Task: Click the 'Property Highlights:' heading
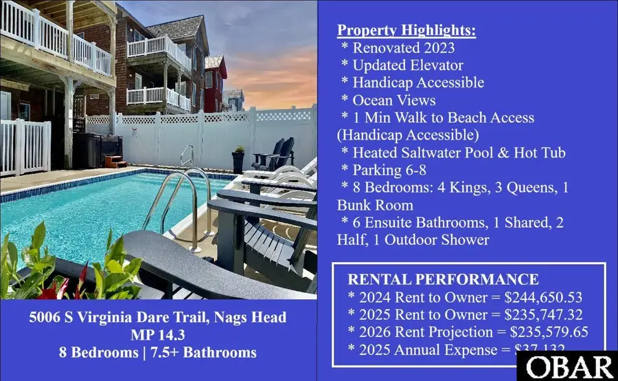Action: pos(406,31)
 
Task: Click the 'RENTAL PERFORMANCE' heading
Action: pos(443,279)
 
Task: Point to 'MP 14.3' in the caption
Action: pos(159,335)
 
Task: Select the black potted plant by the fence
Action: pos(238,160)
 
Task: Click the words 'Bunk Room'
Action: pos(374,204)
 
